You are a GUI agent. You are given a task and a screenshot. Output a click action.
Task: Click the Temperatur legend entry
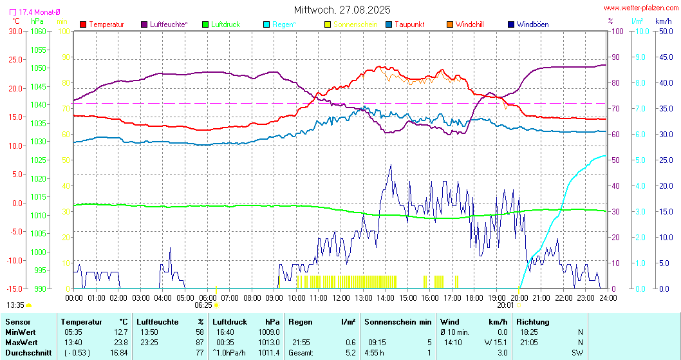pyautogui.click(x=106, y=24)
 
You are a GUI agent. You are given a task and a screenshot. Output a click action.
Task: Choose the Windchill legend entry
pyautogui.click(x=469, y=24)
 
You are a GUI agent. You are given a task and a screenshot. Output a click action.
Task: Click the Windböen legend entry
pyautogui.click(x=532, y=24)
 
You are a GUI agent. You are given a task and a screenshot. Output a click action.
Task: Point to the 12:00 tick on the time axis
pyautogui.click(x=341, y=298)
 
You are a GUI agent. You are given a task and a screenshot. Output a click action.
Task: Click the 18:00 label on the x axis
pyautogui.click(x=475, y=298)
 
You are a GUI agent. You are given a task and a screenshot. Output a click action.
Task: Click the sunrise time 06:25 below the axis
pyautogui.click(x=203, y=305)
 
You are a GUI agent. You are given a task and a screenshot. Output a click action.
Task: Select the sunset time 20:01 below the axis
pyautogui.click(x=505, y=305)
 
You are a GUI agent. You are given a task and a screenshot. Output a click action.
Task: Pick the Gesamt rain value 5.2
pyautogui.click(x=350, y=352)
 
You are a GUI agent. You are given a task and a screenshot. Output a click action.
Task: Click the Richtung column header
pyautogui.click(x=533, y=321)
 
